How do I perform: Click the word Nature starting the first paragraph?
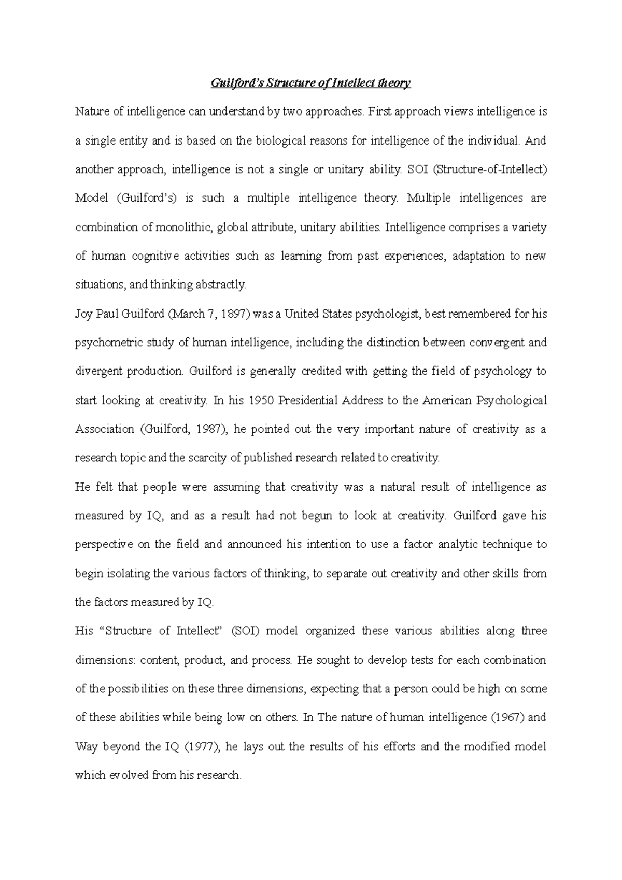pos(91,111)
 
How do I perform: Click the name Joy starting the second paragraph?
pos(84,314)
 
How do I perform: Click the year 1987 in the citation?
pos(214,429)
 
